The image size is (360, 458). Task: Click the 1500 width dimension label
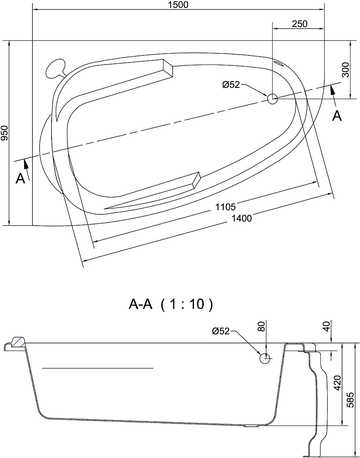tap(178, 5)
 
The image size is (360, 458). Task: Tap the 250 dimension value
tap(300, 24)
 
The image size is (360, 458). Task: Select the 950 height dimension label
tap(5, 133)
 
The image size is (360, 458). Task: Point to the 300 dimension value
tap(345, 70)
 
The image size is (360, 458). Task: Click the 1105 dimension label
tap(226, 207)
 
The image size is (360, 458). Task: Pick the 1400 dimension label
tap(241, 218)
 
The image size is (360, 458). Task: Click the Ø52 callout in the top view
tap(231, 85)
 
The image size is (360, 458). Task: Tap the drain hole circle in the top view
tap(273, 99)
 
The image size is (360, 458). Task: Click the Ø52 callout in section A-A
tap(221, 331)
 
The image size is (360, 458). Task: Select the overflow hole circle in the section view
tap(265, 358)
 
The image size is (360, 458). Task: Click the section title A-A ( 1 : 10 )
tap(171, 304)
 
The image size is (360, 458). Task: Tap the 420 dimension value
tap(337, 383)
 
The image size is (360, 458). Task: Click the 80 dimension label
tap(262, 326)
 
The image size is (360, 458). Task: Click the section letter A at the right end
tap(337, 116)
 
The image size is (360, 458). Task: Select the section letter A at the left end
tap(20, 178)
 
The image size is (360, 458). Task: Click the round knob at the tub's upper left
tap(55, 69)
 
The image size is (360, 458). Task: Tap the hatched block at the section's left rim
tap(18, 342)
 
